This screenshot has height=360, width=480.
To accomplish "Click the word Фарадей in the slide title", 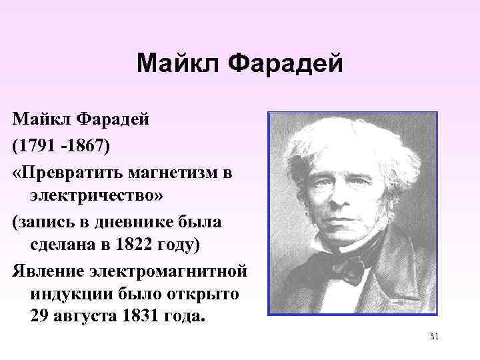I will [x=286, y=64].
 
